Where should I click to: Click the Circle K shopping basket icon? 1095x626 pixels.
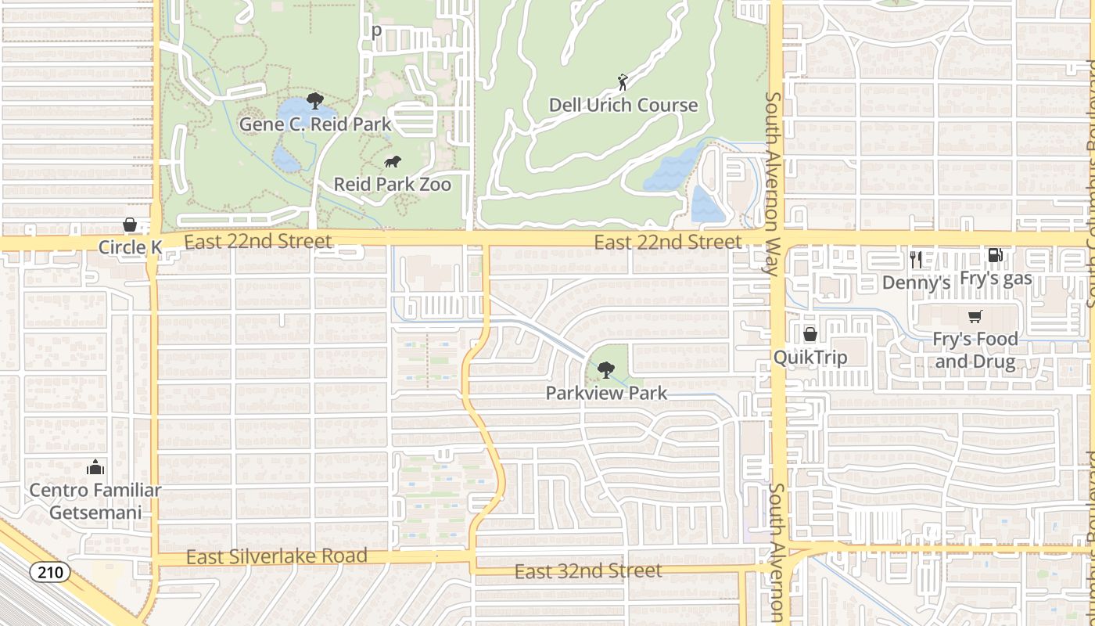[x=130, y=225]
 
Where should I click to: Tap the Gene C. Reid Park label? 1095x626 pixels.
[x=314, y=124]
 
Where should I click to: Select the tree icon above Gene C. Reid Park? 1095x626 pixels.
[x=315, y=100]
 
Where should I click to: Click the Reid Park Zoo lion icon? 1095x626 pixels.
[x=393, y=162]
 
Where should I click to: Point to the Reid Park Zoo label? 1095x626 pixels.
[x=393, y=185]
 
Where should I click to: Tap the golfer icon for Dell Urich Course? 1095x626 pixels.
[x=623, y=82]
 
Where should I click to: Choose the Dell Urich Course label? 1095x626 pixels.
[x=623, y=105]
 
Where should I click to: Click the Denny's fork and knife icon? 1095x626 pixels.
[x=916, y=259]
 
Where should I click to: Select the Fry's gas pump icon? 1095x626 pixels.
[x=995, y=254]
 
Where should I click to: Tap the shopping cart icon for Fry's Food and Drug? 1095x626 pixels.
[x=975, y=317]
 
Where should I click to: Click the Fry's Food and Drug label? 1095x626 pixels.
[x=975, y=351]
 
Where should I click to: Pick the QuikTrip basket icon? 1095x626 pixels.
[x=810, y=334]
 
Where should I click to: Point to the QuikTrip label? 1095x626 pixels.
[x=810, y=358]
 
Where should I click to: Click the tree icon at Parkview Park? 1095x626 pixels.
[x=605, y=369]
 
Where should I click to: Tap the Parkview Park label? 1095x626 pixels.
[x=606, y=393]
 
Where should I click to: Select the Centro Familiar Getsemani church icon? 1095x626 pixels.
[x=95, y=468]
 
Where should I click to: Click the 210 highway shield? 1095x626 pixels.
[x=50, y=572]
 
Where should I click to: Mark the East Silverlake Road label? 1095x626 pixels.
[x=277, y=557]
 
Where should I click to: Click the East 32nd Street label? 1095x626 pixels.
[x=588, y=571]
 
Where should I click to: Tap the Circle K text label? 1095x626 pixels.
[x=130, y=248]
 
